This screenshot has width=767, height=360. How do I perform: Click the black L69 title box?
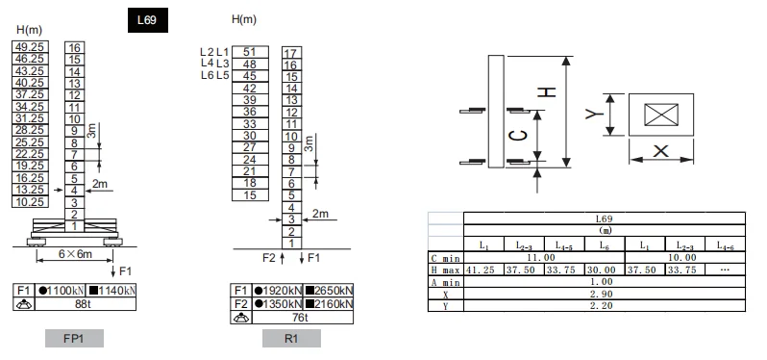pos(148,20)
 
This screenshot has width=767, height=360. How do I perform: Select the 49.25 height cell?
pos(30,47)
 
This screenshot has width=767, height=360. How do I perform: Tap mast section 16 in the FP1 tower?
pos(74,47)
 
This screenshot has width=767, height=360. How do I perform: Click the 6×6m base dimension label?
pos(75,254)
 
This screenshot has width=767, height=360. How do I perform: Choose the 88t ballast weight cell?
pos(86,304)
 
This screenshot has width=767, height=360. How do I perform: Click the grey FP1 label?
pos(74,339)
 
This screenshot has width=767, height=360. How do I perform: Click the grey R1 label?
pos(291,339)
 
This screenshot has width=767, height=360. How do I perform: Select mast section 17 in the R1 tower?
pos(291,53)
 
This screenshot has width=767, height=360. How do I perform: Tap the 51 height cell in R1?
pos(250,52)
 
